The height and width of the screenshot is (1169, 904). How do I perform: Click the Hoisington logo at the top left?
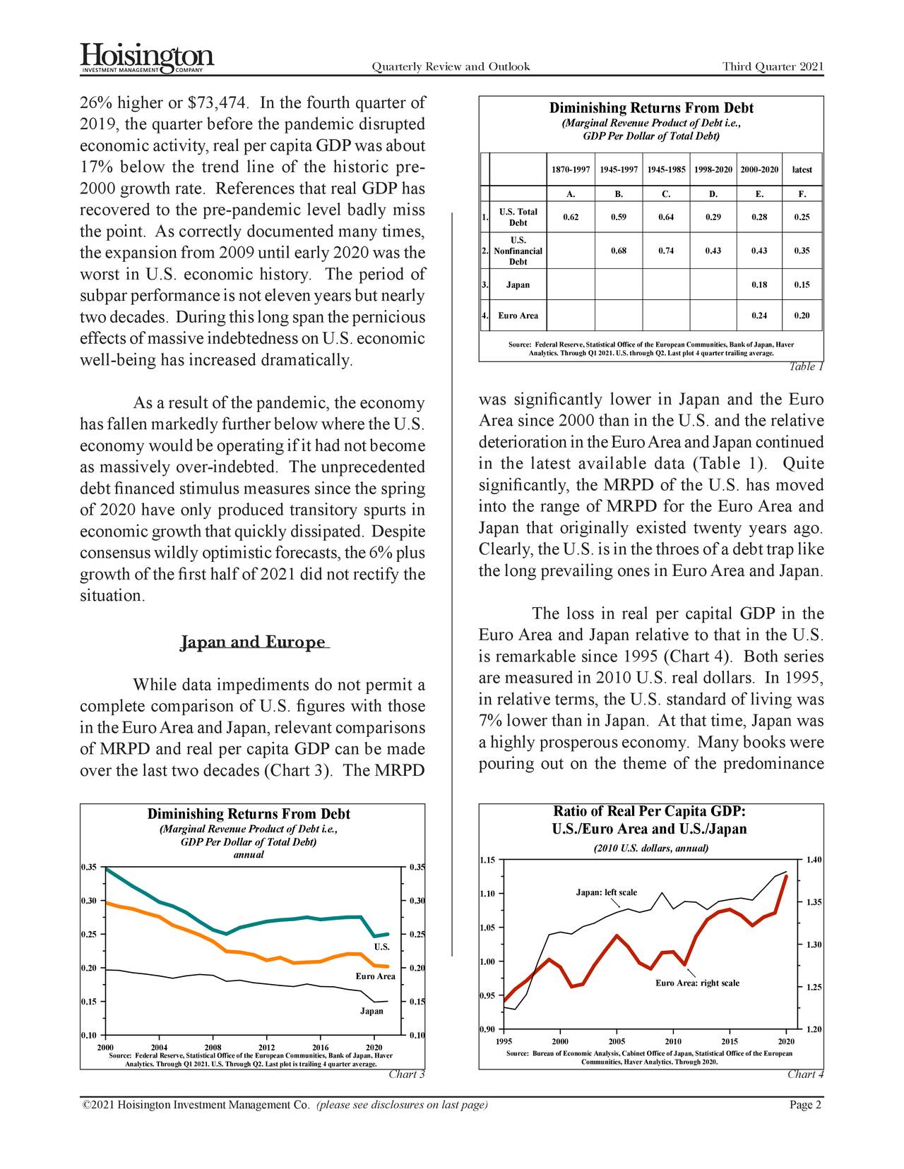[x=147, y=56]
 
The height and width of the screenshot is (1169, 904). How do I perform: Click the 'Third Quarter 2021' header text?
[x=773, y=67]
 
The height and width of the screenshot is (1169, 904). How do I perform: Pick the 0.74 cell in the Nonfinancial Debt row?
[x=665, y=251]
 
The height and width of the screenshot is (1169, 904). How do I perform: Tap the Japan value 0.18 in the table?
[x=759, y=284]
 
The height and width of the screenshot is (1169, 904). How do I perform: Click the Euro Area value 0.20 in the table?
[x=802, y=316]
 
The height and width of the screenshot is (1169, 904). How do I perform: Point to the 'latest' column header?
[x=802, y=169]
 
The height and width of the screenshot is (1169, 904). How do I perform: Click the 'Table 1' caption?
[x=806, y=366]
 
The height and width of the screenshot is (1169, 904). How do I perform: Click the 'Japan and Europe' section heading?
[x=254, y=642]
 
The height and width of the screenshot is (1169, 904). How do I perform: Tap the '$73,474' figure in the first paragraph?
[x=218, y=103]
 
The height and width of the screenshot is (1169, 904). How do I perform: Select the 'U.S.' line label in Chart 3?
[x=381, y=946]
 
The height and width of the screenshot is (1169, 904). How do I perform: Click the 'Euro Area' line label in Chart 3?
[x=375, y=976]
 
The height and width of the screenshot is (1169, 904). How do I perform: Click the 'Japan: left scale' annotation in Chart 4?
[x=606, y=892]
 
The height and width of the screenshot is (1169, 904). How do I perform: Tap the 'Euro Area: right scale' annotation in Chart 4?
[x=697, y=983]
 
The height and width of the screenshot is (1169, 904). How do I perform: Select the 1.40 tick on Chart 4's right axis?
[x=814, y=859]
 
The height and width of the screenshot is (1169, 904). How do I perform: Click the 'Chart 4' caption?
[x=805, y=1074]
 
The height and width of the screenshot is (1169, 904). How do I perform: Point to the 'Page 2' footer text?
[x=804, y=1105]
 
